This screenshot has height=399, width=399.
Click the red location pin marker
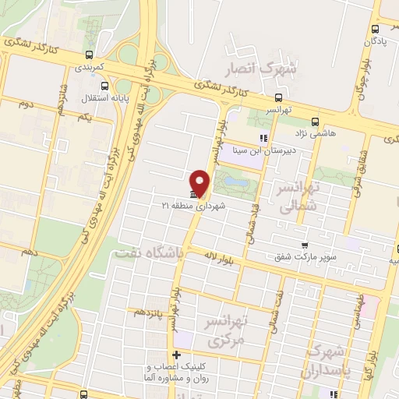coord(200,182)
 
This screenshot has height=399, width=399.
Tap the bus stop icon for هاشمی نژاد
coord(316,122)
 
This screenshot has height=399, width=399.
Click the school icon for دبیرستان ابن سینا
coord(263,139)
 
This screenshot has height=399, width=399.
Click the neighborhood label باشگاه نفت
coord(148,252)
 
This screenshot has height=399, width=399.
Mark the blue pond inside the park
coord(235,185)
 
